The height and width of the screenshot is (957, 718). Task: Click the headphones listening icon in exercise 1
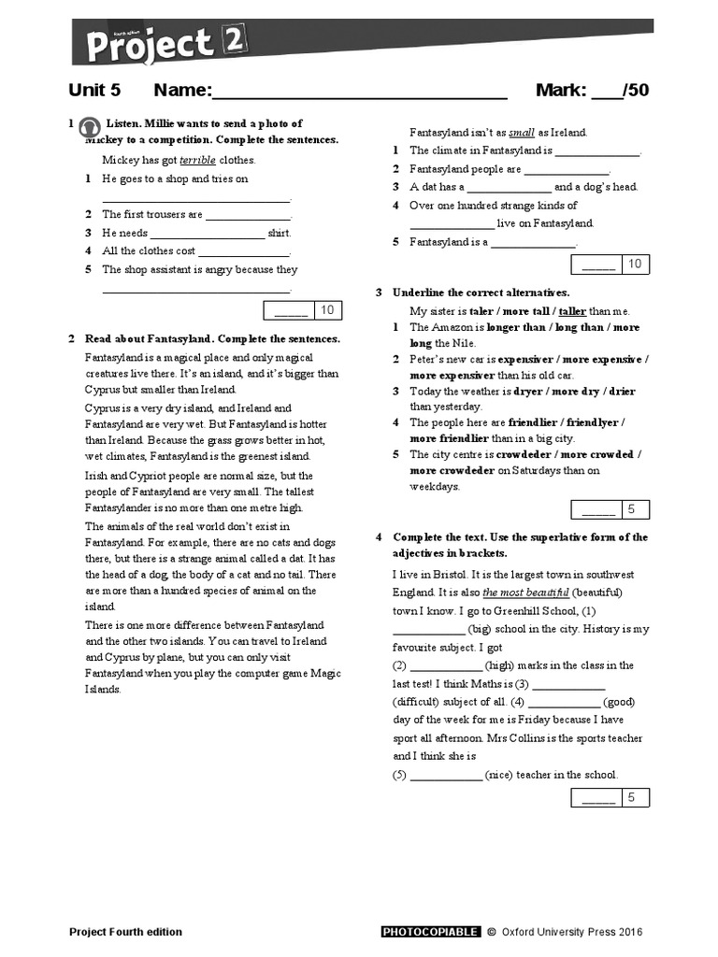[x=90, y=128]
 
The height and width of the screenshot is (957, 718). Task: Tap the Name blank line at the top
[x=360, y=92]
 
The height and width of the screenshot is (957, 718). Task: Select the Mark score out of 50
[x=592, y=91]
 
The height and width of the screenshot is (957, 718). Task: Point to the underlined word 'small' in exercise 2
[x=522, y=133]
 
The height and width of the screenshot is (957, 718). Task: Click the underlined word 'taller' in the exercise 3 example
[x=572, y=311]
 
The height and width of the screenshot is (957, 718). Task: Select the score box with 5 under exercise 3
[x=610, y=509]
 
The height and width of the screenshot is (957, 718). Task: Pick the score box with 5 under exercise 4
[x=610, y=797]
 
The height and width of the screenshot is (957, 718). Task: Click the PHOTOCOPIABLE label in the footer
[x=430, y=932]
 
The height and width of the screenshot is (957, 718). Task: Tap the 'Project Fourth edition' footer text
[x=126, y=932]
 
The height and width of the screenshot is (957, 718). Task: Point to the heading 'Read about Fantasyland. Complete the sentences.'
[x=212, y=339]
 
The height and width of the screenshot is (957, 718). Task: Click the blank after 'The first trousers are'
[x=248, y=216]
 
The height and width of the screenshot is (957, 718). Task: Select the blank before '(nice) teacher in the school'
[x=446, y=776]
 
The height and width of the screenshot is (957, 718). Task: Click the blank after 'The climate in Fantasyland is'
[x=597, y=151]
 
